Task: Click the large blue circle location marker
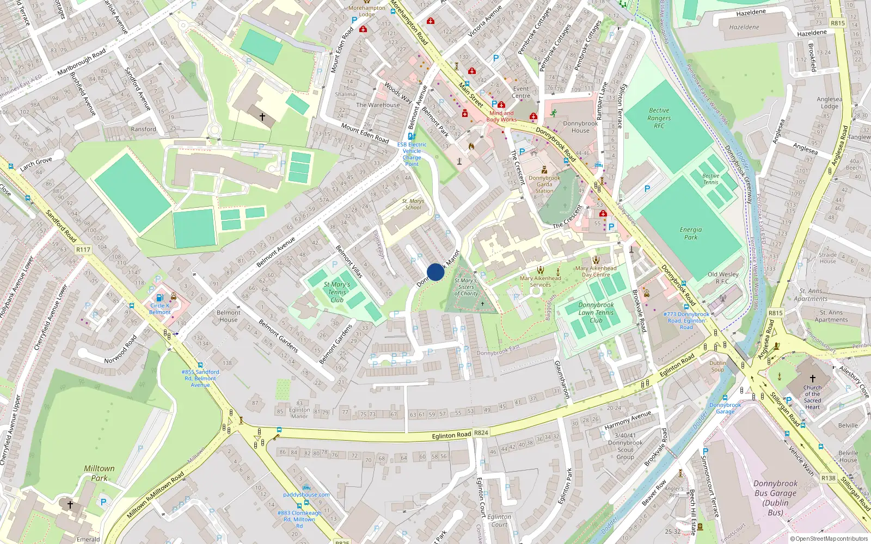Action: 436,272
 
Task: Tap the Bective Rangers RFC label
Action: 659,118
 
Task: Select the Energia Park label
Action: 690,233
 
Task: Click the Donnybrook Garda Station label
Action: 544,184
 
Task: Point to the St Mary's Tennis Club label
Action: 337,292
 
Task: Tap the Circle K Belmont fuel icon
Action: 160,298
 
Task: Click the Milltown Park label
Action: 99,473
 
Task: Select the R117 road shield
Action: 83,250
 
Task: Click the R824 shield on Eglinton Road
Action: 481,433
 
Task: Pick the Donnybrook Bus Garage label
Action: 775,498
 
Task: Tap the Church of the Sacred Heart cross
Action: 812,378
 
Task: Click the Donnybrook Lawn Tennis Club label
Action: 596,313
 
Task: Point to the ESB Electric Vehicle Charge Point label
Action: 412,154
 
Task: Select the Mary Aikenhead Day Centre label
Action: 596,271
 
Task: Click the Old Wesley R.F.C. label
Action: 723,277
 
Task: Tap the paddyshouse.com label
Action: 306,494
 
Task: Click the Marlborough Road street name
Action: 82,63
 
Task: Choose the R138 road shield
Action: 828,478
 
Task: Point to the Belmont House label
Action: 228,316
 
